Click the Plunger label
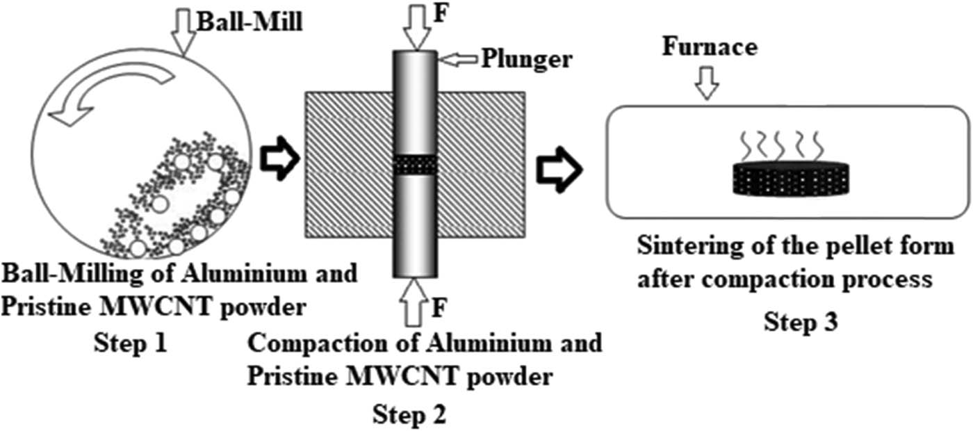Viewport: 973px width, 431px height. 527,59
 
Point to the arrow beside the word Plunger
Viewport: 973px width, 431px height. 458,60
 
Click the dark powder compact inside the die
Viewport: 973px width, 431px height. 416,165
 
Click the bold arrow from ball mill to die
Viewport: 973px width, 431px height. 280,159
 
